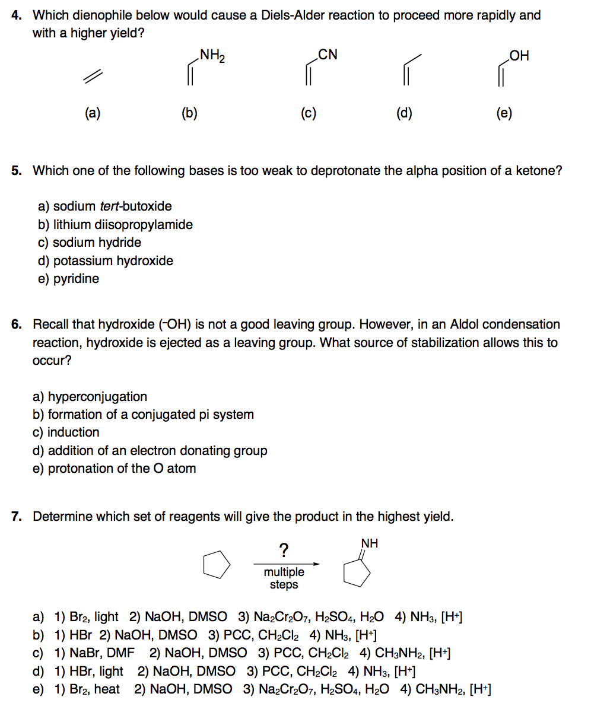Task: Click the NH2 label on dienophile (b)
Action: (x=212, y=56)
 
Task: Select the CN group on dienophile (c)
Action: (x=328, y=55)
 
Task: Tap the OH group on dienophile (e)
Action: (x=519, y=56)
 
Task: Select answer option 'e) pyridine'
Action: (x=68, y=278)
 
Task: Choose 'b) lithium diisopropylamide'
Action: (x=115, y=224)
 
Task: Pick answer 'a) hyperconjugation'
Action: (x=90, y=396)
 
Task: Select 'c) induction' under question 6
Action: (x=66, y=432)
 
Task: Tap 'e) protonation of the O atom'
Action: (x=114, y=469)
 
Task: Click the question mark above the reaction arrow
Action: (x=284, y=551)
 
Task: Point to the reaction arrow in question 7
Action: (x=287, y=564)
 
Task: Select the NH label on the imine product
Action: (x=369, y=543)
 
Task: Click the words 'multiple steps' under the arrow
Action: (x=284, y=578)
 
